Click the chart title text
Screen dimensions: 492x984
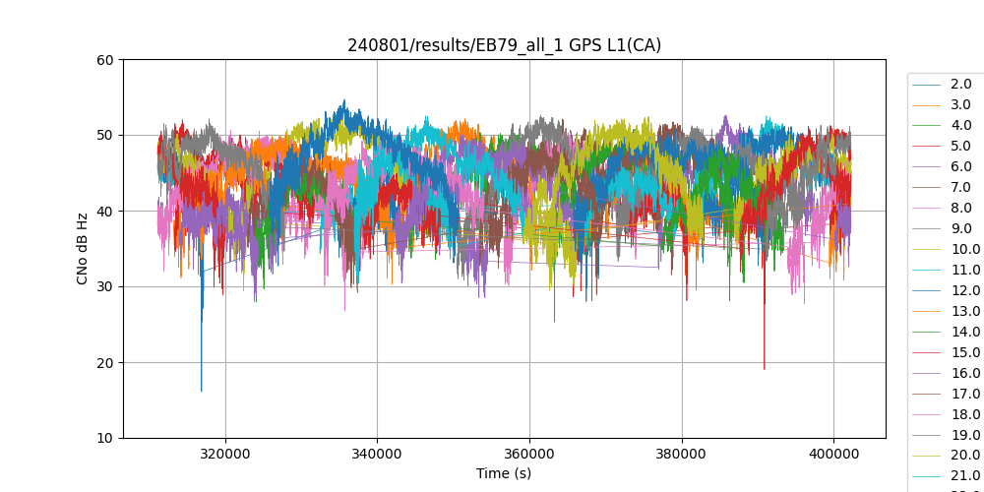tap(504, 45)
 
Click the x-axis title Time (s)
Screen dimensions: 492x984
tap(504, 473)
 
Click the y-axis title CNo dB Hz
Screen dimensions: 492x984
tap(83, 249)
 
